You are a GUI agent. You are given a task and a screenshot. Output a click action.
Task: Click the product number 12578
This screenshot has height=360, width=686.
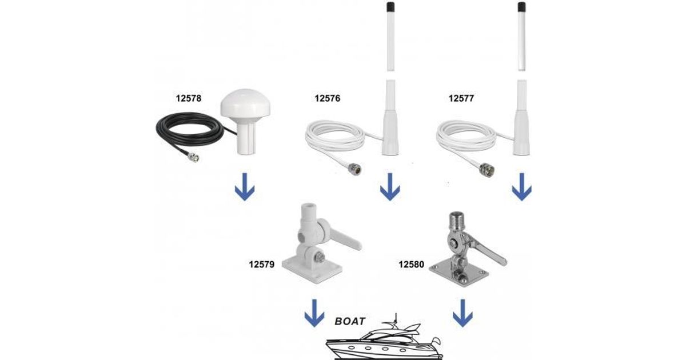click(188, 98)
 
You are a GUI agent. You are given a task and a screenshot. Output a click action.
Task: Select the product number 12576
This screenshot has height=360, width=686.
click(328, 98)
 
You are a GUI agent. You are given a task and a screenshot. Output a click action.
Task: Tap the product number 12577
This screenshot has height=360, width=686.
click(461, 98)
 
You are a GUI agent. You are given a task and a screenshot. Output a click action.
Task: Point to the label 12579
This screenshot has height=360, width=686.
click(262, 264)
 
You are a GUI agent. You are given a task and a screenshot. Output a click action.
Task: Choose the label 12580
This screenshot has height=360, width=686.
click(411, 264)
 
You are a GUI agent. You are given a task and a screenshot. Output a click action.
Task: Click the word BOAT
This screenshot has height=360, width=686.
click(350, 321)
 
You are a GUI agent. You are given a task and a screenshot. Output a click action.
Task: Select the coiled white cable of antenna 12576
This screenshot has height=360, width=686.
click(335, 137)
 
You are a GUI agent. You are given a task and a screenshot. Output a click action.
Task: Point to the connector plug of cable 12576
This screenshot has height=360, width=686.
click(354, 169)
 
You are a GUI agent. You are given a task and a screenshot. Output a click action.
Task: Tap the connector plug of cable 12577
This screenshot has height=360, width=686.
click(486, 170)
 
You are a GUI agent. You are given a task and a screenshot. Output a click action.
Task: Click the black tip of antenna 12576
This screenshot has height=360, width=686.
click(390, 7)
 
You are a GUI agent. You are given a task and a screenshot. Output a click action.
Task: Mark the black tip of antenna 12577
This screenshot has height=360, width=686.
click(521, 7)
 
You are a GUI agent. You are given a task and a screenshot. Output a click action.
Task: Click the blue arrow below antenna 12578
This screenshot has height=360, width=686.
click(245, 187)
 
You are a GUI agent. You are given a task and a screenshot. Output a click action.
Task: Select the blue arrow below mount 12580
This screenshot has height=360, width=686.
click(462, 313)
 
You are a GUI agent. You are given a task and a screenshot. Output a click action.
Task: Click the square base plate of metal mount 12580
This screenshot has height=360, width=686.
click(458, 273)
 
